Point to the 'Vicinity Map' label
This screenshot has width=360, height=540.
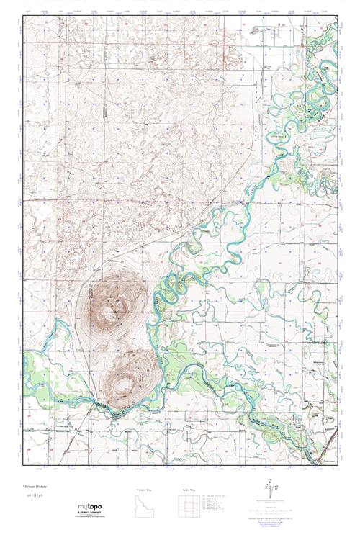(x=146, y=490)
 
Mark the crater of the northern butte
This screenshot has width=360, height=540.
(x=109, y=312)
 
